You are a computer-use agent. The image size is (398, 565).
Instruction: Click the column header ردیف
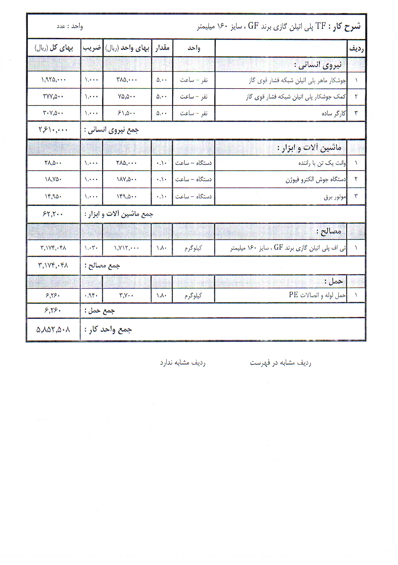click(x=356, y=49)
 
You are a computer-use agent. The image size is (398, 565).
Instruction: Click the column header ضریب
click(x=92, y=48)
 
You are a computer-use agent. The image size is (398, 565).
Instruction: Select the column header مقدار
click(x=162, y=48)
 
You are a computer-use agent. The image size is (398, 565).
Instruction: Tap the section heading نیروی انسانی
click(x=318, y=65)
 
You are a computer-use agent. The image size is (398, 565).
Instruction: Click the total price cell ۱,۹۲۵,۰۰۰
click(x=54, y=80)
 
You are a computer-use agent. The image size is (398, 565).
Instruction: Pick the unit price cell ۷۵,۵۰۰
click(x=127, y=97)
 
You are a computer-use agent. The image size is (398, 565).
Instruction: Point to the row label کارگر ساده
click(x=334, y=113)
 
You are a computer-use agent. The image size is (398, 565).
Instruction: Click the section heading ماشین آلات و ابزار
click(x=309, y=148)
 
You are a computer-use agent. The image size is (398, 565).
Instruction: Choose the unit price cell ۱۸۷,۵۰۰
click(x=127, y=179)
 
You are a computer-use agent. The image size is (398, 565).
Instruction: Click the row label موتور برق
click(x=335, y=197)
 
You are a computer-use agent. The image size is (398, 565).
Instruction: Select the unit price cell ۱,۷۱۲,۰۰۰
click(x=127, y=248)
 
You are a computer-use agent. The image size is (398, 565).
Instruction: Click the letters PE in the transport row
click(x=293, y=295)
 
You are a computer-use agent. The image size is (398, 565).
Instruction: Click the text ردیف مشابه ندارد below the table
click(x=182, y=363)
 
